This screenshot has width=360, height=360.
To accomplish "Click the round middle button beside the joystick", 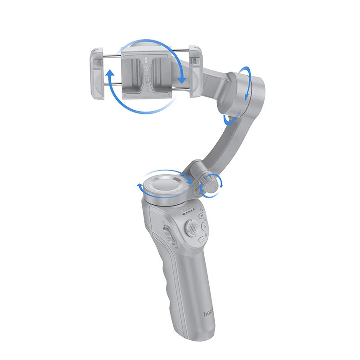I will (202, 227).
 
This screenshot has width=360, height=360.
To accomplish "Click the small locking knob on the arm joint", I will (210, 183).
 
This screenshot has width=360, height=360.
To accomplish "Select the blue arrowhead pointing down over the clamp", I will (181, 80).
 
